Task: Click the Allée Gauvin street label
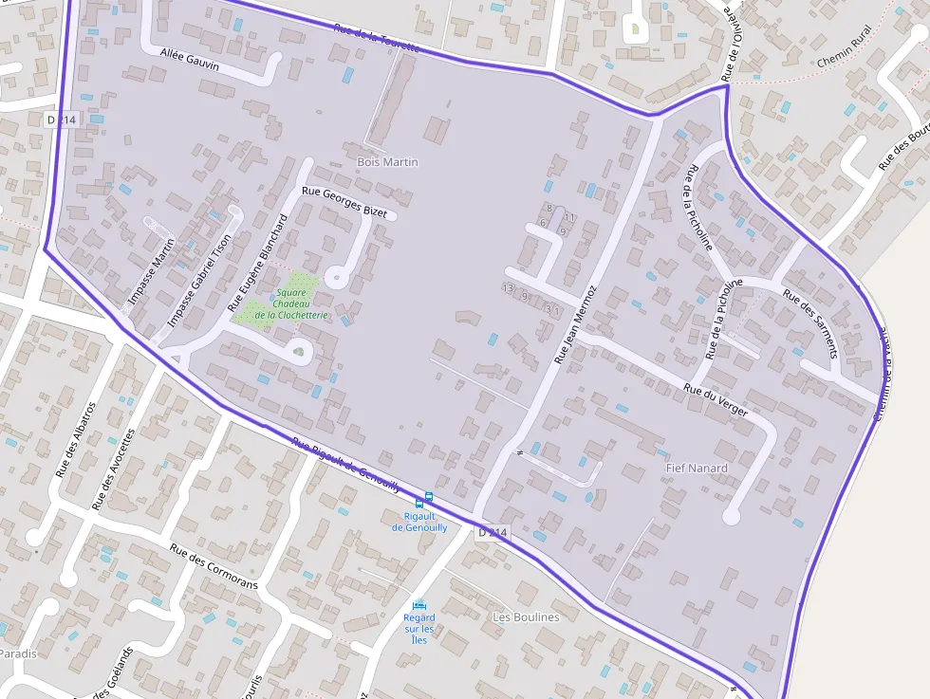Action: (x=190, y=59)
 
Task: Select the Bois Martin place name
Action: (x=387, y=162)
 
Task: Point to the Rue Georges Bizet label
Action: (x=344, y=202)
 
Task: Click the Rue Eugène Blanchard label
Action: (x=257, y=263)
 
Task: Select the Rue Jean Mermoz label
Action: (x=576, y=323)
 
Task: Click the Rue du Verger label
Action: (x=716, y=399)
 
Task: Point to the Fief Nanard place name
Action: (x=697, y=468)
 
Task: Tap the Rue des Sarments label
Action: (x=810, y=322)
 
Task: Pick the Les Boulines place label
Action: (x=526, y=616)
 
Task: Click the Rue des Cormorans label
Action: (x=214, y=566)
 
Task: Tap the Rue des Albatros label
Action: (x=76, y=439)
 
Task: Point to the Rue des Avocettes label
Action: (x=113, y=469)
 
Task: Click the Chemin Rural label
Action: (x=844, y=57)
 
